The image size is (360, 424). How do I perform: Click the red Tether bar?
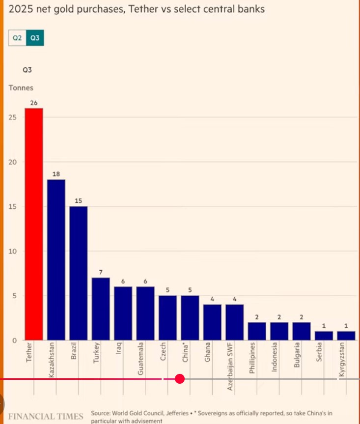click(34, 224)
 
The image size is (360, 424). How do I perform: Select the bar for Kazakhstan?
click(56, 259)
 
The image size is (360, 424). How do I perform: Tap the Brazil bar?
click(79, 273)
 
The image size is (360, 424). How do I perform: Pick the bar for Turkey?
click(101, 309)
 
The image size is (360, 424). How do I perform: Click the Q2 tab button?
click(17, 38)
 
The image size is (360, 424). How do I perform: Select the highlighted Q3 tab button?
click(35, 38)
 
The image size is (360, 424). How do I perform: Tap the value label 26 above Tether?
click(34, 103)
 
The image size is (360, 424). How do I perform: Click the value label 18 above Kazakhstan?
click(56, 174)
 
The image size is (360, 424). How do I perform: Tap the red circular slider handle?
click(179, 379)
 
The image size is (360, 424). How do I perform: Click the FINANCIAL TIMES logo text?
click(46, 417)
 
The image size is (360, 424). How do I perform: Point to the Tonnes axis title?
click(21, 88)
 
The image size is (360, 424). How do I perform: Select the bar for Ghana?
click(212, 322)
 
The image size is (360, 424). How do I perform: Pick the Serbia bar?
click(324, 335)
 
